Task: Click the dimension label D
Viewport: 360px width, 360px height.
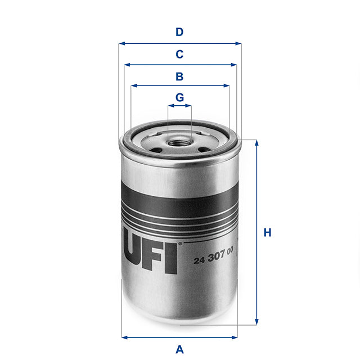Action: (179, 32)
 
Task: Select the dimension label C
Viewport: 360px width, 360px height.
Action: (179, 55)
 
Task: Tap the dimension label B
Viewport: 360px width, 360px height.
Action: (179, 76)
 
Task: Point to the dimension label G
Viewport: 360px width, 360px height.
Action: (179, 97)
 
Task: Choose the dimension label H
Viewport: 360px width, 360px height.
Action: (268, 232)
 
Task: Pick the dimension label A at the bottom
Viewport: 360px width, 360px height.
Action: (179, 349)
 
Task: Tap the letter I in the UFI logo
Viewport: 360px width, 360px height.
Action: (172, 257)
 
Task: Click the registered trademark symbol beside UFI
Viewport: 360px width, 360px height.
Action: (180, 244)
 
